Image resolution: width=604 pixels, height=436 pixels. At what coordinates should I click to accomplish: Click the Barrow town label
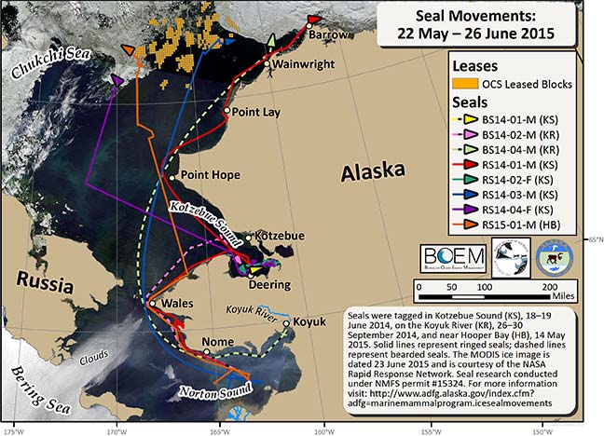(327, 35)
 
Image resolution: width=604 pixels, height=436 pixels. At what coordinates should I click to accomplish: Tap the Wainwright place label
(300, 65)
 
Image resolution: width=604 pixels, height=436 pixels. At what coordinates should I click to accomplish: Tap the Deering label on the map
(269, 284)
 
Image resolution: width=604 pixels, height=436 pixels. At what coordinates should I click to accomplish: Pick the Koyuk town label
(309, 321)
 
